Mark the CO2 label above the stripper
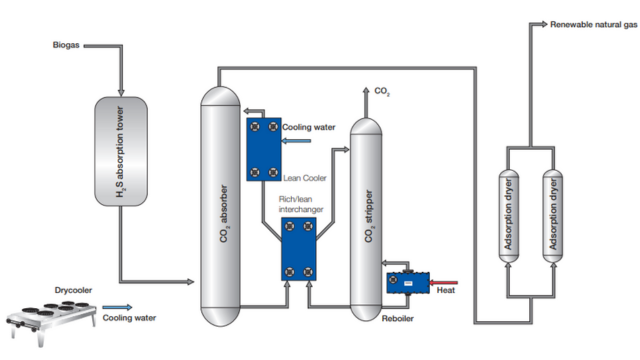382,92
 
